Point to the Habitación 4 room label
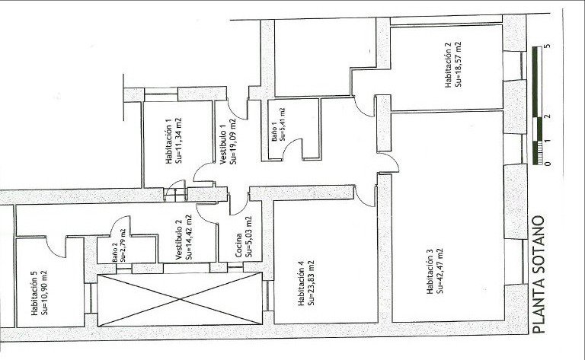[x=301, y=284]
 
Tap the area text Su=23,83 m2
[x=311, y=284]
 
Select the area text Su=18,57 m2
[x=459, y=65]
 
